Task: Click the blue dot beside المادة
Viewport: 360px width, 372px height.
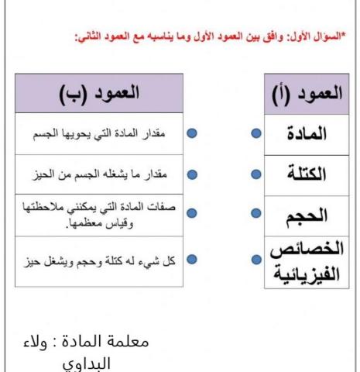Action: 255,133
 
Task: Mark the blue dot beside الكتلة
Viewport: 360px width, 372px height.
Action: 255,173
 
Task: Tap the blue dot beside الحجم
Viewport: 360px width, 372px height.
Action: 255,212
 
